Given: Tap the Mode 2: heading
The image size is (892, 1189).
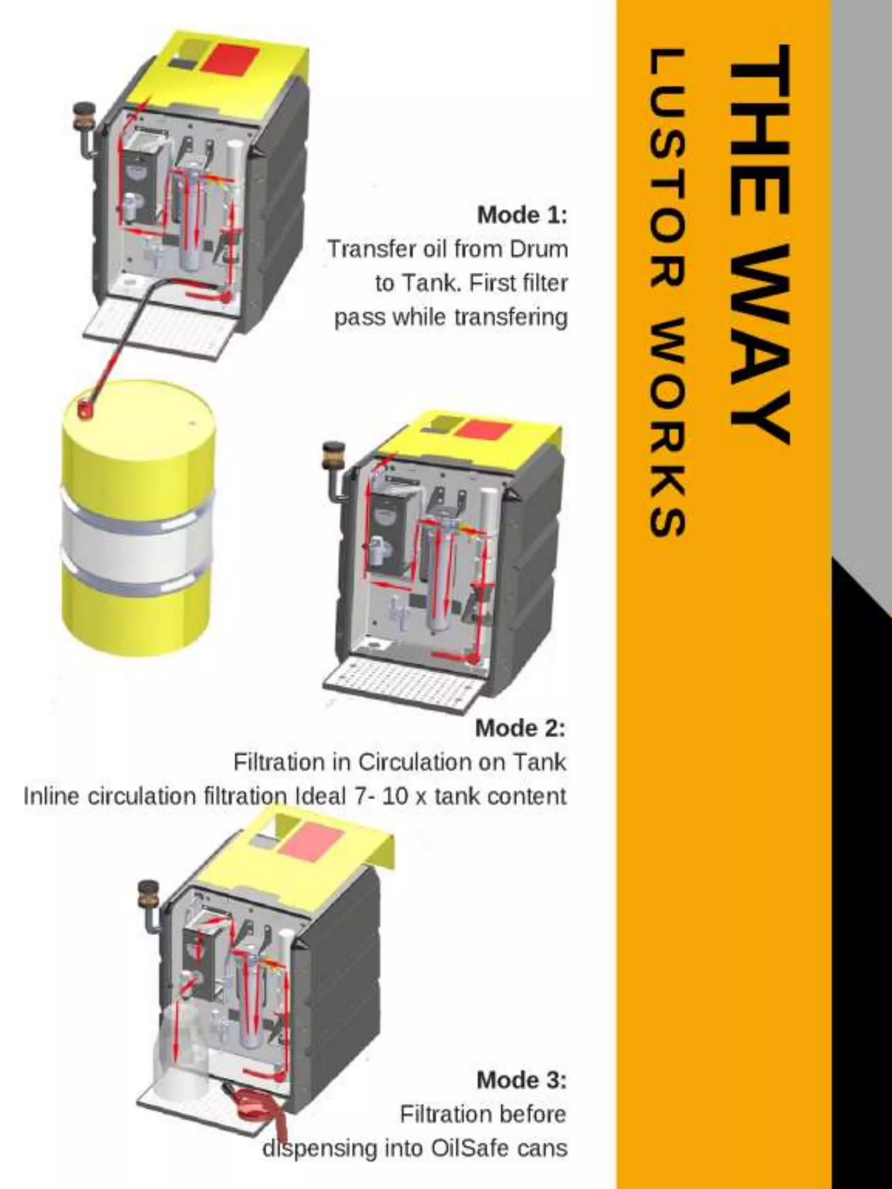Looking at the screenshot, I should (x=520, y=728).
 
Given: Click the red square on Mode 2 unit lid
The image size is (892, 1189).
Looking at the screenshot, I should (x=483, y=429).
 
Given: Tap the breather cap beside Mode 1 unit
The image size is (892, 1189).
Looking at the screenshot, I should (x=84, y=114).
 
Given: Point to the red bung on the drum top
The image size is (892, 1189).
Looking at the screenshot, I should (x=85, y=408).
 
